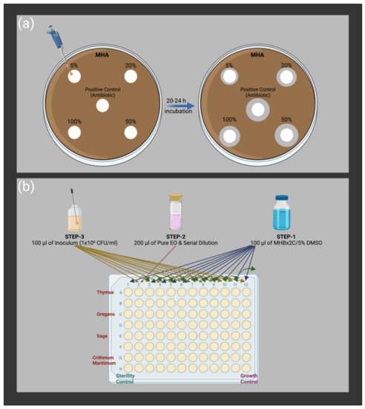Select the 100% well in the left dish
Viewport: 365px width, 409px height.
click(x=74, y=133)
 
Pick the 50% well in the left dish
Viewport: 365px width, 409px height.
click(x=131, y=132)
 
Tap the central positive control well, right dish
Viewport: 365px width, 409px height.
click(x=257, y=111)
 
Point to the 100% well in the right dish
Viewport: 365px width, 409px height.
click(x=230, y=135)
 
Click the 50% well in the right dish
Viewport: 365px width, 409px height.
click(x=286, y=135)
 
